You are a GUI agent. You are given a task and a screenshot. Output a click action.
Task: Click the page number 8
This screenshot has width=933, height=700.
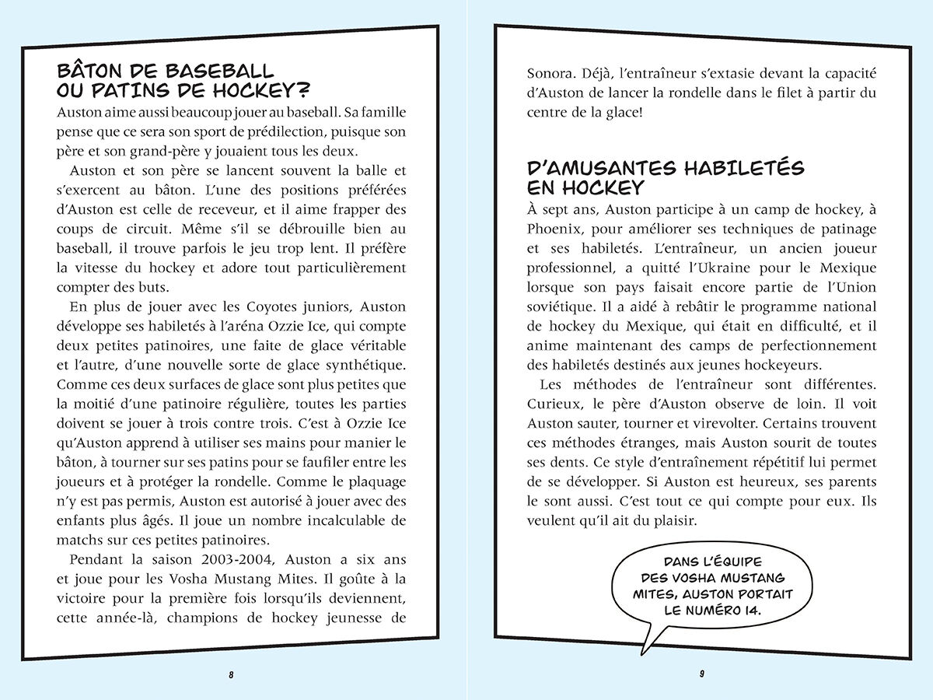231,674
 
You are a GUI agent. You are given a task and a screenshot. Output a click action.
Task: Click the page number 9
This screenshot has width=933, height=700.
702,674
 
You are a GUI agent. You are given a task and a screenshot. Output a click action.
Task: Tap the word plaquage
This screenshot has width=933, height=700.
374,481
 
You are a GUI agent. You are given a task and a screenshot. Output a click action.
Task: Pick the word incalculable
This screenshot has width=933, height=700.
358,520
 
